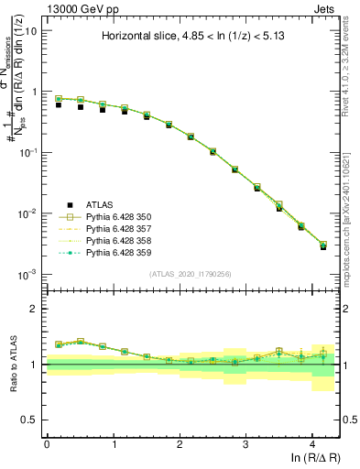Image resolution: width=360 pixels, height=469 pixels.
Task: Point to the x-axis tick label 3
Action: [x=245, y=443]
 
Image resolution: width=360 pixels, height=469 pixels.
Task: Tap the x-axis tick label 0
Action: [x=47, y=443]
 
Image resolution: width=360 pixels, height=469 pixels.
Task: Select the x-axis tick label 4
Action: [x=312, y=443]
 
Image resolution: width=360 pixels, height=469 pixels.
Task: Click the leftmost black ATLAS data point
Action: [x=59, y=104]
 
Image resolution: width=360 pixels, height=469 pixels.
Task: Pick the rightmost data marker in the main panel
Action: [x=322, y=245]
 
